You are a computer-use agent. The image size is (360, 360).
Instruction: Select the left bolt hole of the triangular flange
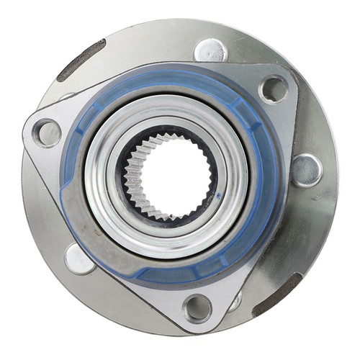[47, 133]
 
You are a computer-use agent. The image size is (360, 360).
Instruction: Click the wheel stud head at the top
[210, 50]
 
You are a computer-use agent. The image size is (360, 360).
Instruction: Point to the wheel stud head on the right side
[306, 171]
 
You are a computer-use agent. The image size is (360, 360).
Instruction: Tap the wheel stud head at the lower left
[79, 258]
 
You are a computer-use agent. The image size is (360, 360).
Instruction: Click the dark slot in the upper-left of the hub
[81, 59]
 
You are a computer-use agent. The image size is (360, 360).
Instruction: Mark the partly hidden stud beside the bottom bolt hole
[234, 301]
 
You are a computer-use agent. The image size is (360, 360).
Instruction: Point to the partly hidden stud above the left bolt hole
[66, 97]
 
